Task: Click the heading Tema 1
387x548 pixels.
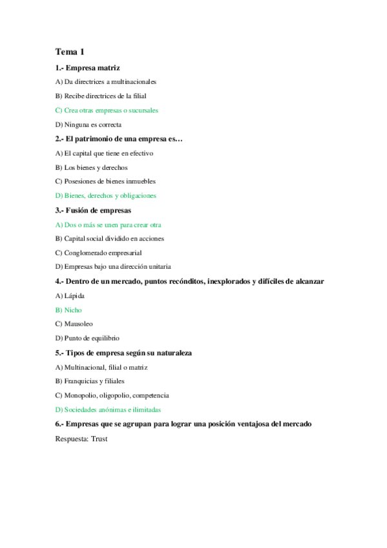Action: [x=70, y=52]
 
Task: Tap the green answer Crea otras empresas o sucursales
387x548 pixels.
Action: [x=107, y=110]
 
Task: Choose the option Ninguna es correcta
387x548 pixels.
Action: [x=89, y=124]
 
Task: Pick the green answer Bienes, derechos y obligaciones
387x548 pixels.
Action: [x=106, y=195]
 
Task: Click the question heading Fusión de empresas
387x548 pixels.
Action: [x=93, y=210]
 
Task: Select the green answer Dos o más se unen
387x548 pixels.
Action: [x=109, y=224]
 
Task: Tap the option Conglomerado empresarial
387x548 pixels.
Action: [x=98, y=253]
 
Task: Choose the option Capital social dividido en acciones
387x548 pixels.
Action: [x=109, y=238]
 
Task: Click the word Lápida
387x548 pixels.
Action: [x=74, y=295]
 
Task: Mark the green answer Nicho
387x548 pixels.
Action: [x=72, y=310]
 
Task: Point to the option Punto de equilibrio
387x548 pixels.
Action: [x=87, y=338]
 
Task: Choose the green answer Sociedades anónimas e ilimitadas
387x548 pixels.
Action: [x=108, y=409]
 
